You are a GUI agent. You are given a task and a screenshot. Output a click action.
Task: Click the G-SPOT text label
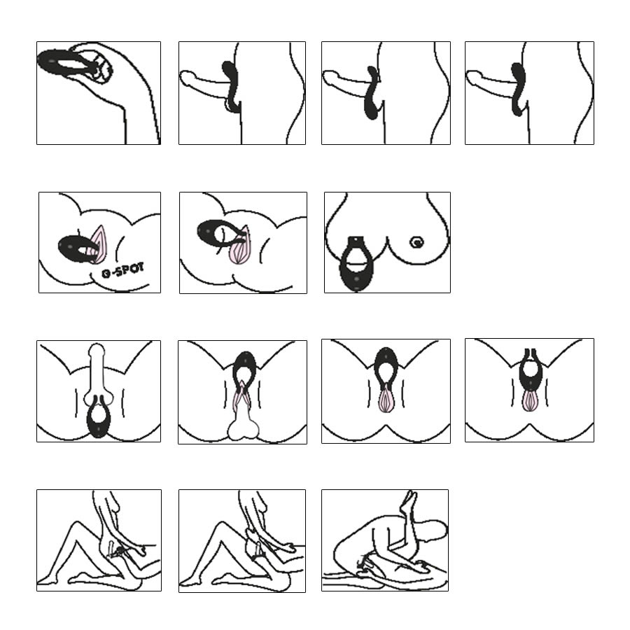click(x=122, y=270)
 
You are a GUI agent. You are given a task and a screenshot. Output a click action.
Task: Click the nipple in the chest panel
click(x=417, y=242)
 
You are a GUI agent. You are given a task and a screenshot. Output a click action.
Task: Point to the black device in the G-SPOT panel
click(x=76, y=248)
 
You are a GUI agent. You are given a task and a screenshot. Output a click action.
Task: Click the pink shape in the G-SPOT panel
click(x=97, y=244)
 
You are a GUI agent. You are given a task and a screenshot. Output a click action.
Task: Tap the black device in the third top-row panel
click(x=373, y=93)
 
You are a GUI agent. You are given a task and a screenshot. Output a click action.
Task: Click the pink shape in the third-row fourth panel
click(x=531, y=400)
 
